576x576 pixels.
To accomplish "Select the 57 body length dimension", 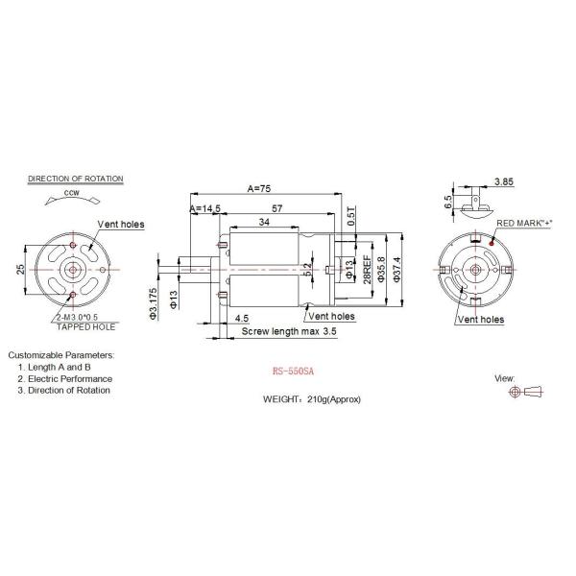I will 276,207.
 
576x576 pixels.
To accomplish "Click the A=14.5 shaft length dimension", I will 204,208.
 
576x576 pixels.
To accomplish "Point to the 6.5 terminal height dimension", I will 447,202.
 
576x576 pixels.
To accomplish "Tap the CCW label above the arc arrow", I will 71,193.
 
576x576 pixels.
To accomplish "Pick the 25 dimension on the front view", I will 20,270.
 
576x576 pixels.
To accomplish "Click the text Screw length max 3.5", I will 287,331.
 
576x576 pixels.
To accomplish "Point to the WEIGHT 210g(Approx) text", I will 312,398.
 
